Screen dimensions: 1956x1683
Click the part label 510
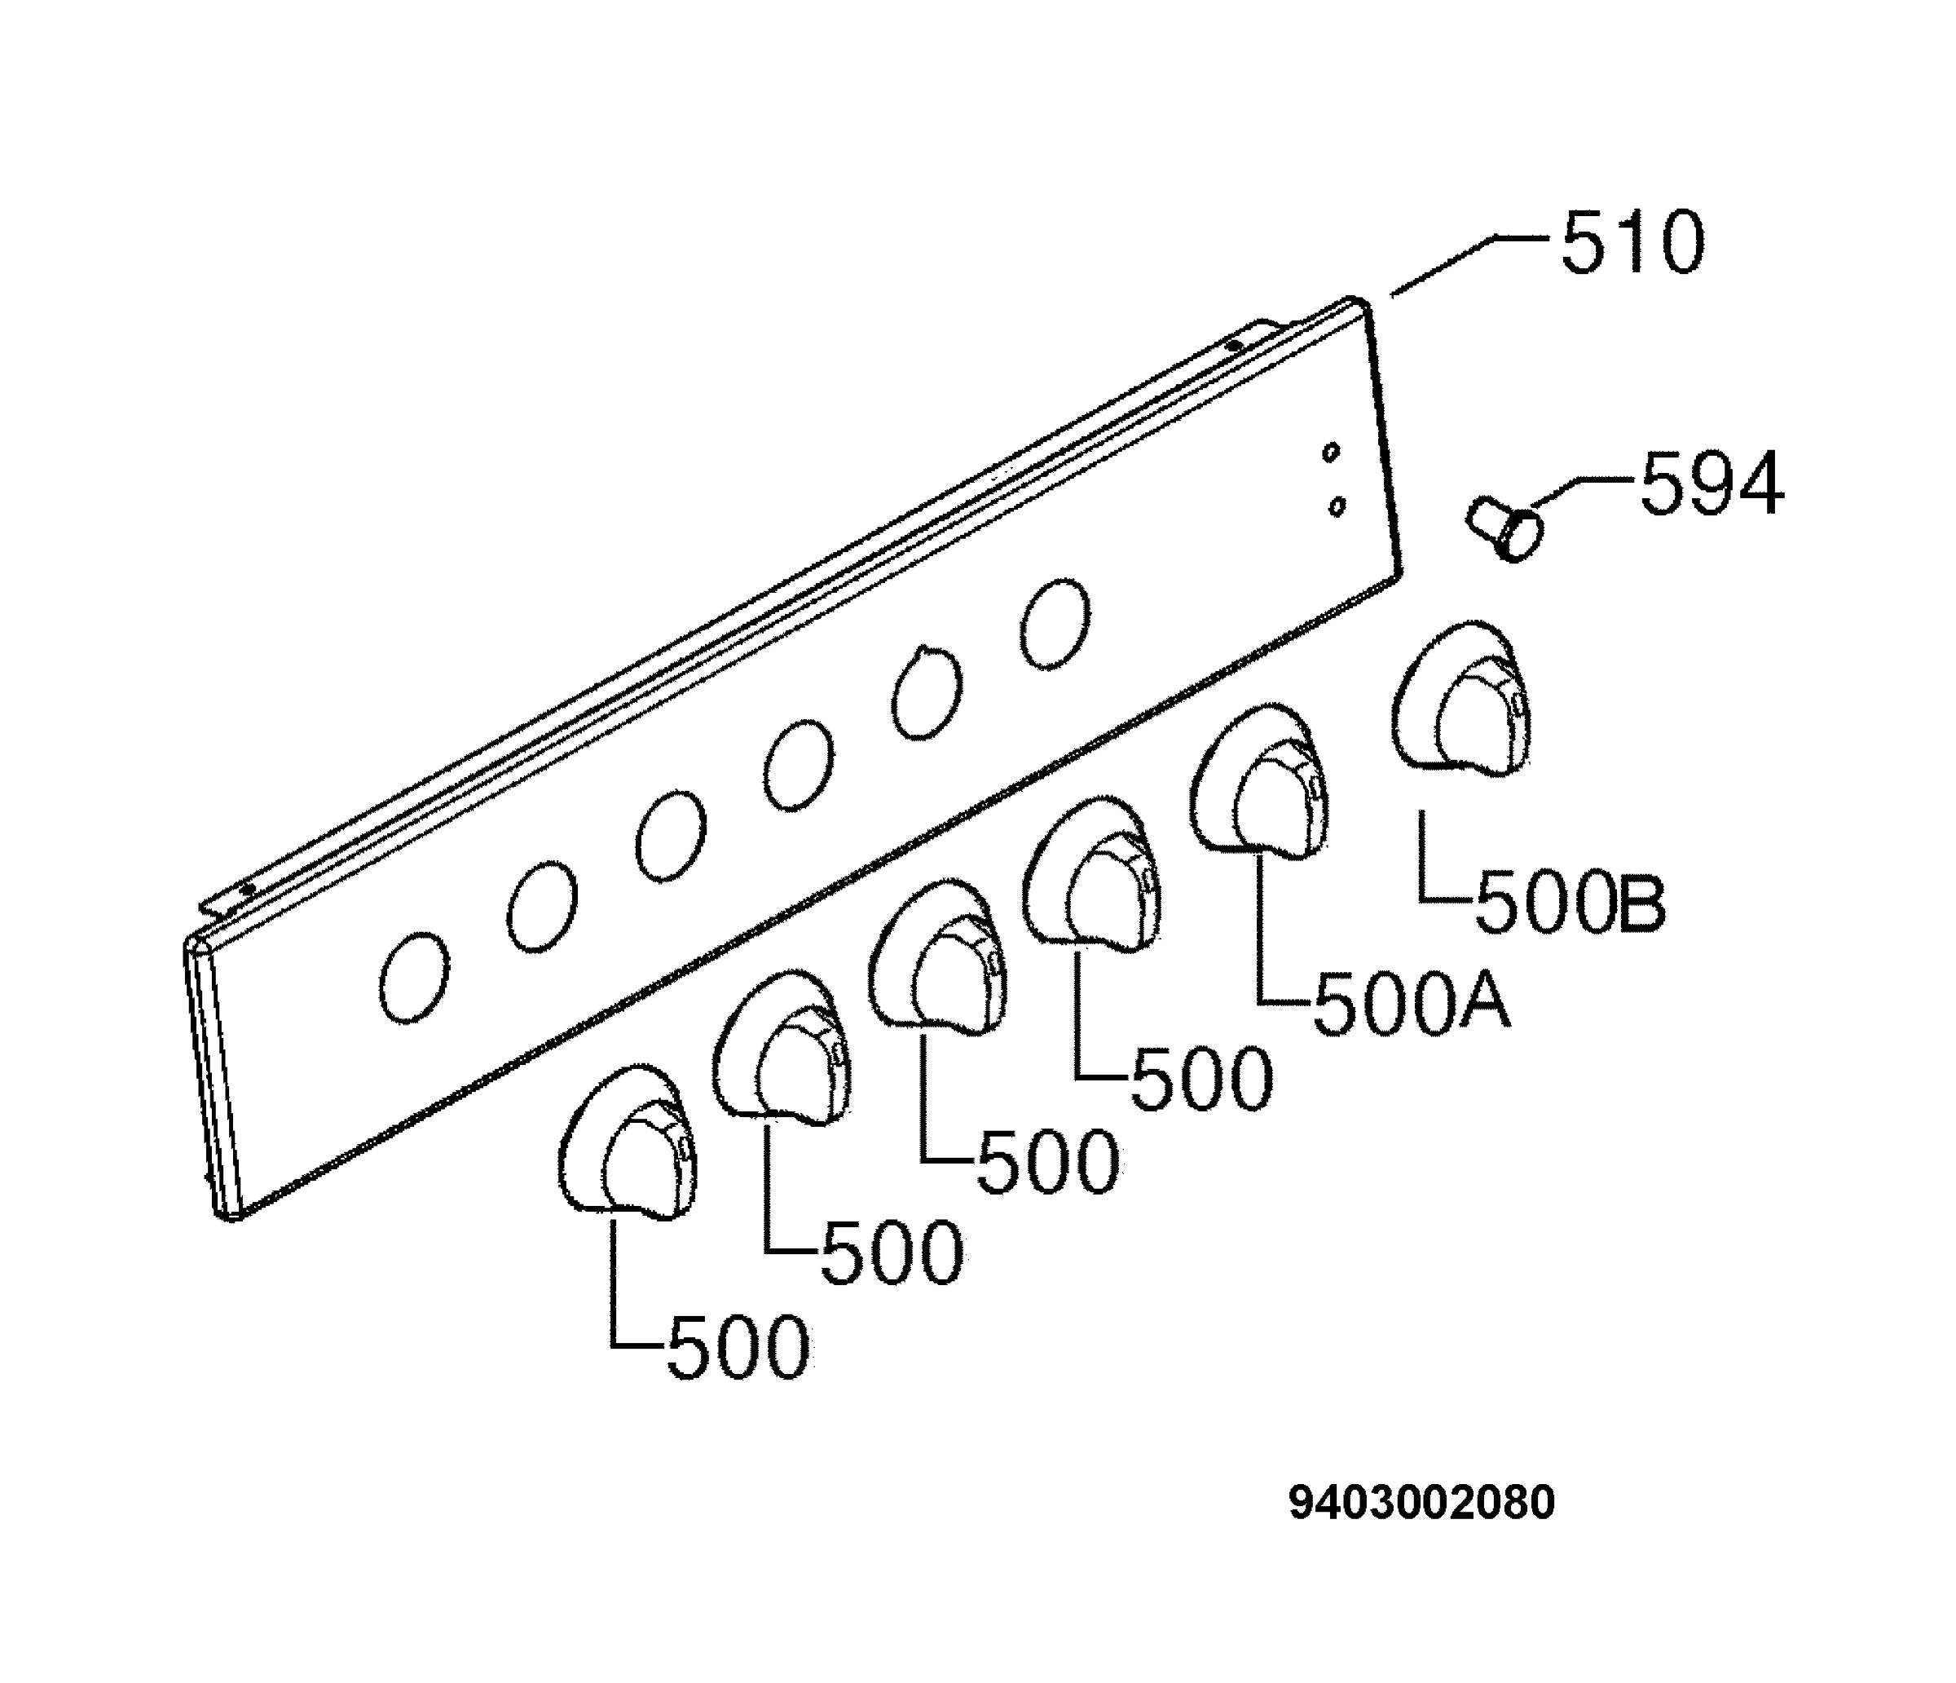point(1633,243)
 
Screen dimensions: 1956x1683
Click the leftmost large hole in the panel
point(414,977)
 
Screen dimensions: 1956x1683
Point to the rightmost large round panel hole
point(1055,625)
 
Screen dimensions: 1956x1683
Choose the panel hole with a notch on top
point(926,691)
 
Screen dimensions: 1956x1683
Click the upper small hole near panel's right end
point(1331,453)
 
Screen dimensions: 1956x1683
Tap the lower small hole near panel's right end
point(1337,506)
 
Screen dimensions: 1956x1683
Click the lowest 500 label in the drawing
point(738,1347)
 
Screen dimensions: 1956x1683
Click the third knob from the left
point(937,956)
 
